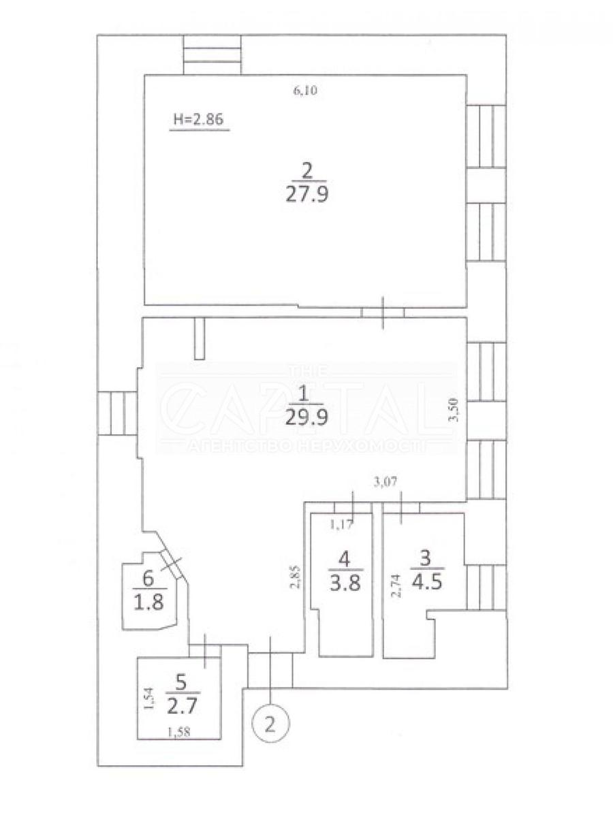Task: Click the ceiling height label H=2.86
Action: (198, 119)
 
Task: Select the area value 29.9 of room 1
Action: (306, 417)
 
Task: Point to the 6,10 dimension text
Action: (306, 91)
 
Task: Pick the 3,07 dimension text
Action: (386, 482)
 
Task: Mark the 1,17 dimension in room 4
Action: (341, 525)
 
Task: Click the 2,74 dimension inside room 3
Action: (397, 586)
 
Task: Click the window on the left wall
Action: (117, 413)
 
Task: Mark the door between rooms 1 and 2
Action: (383, 313)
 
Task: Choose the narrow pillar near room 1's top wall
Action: (200, 338)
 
